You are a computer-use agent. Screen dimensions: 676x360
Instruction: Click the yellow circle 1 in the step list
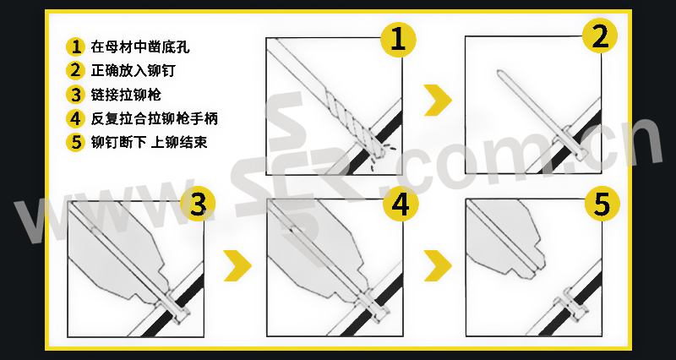76,46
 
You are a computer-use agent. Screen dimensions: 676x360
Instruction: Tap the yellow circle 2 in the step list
76,70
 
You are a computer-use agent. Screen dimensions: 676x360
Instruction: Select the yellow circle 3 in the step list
76,95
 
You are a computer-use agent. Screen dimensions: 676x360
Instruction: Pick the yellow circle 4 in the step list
76,118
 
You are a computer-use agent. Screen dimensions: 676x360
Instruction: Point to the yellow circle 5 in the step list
76,142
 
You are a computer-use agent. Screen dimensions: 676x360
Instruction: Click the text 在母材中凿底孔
140,46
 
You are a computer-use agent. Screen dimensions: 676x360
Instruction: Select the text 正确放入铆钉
134,70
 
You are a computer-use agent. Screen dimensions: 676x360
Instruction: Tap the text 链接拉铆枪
126,95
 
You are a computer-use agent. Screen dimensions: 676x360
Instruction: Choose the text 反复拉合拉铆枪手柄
155,118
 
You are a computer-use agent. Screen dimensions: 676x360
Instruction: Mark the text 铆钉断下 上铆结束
150,142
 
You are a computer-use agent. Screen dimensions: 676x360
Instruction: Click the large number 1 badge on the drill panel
398,40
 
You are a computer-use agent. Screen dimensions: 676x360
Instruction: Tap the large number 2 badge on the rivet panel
600,35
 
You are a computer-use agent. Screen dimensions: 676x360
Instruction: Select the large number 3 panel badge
198,205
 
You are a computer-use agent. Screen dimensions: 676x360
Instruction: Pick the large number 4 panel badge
401,204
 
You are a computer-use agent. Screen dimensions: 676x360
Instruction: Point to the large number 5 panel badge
602,204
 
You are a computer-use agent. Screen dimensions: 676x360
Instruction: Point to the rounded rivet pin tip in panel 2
500,73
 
